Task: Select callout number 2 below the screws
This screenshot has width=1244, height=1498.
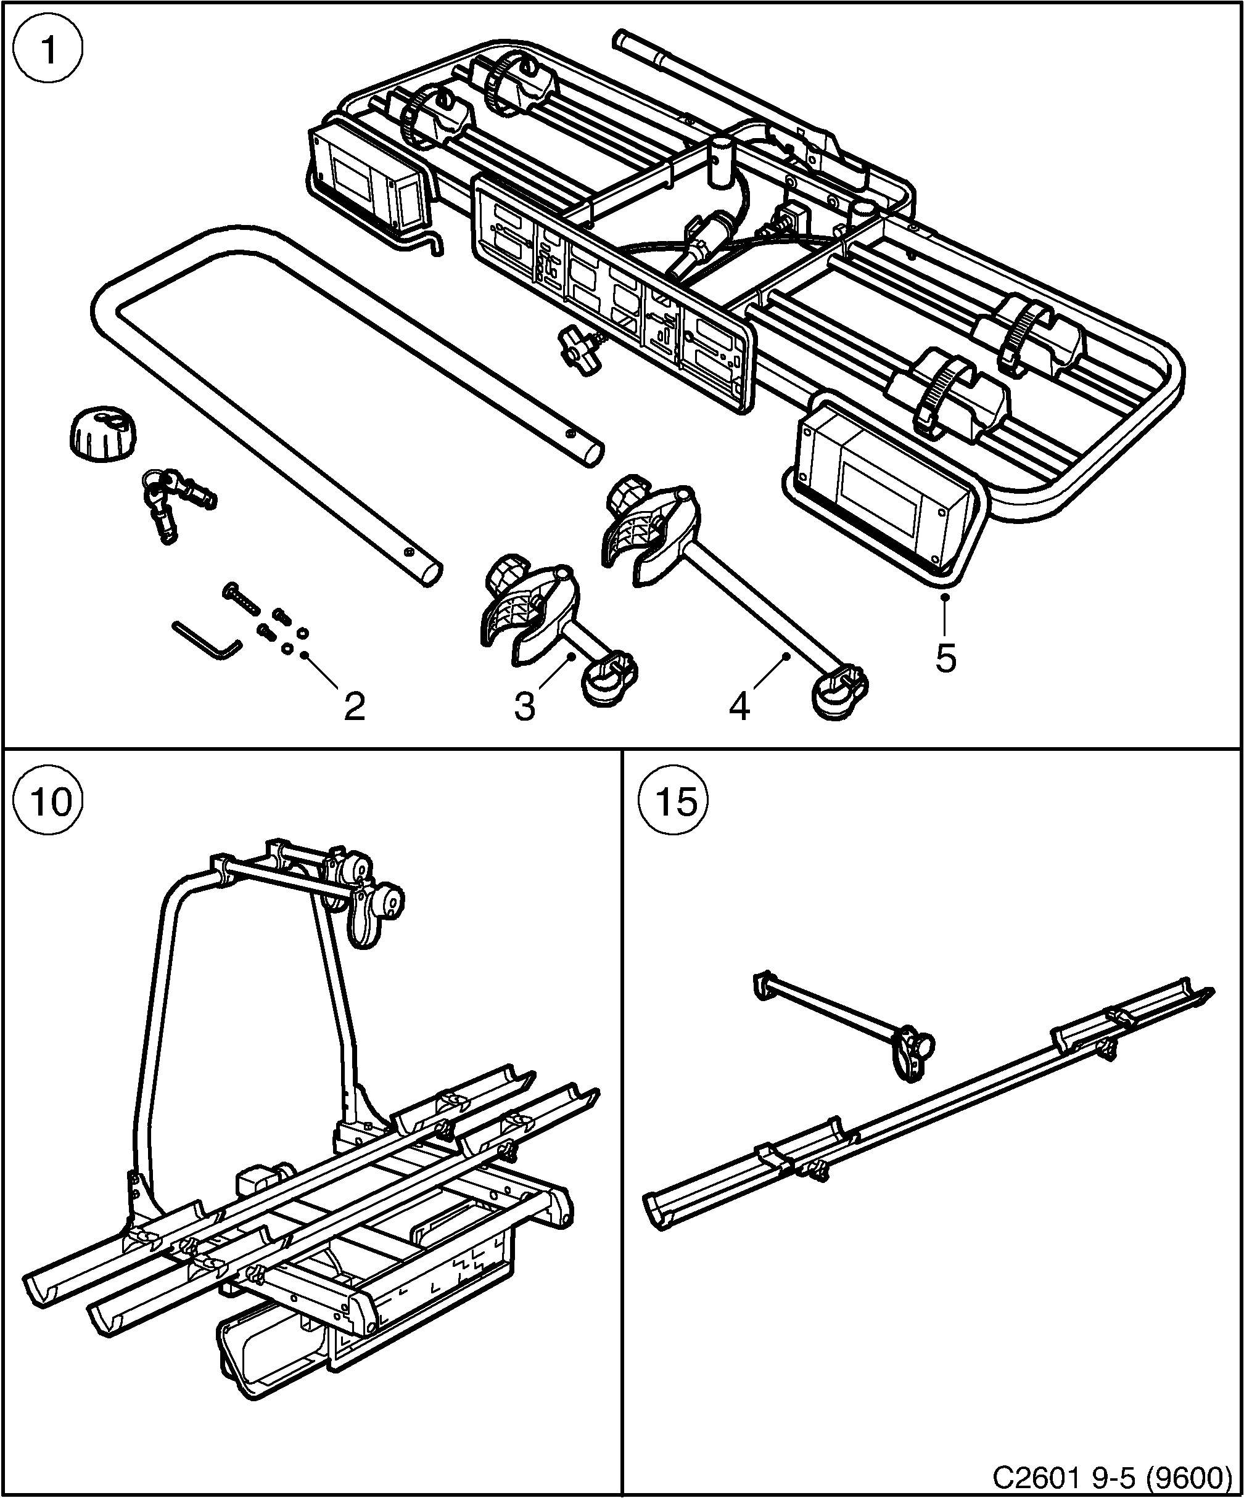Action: [x=354, y=707]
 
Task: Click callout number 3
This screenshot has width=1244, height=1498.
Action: [x=525, y=707]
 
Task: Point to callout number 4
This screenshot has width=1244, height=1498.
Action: [x=739, y=707]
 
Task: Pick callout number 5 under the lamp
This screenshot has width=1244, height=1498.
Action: [x=945, y=658]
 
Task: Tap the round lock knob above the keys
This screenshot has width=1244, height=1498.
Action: [x=101, y=434]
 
